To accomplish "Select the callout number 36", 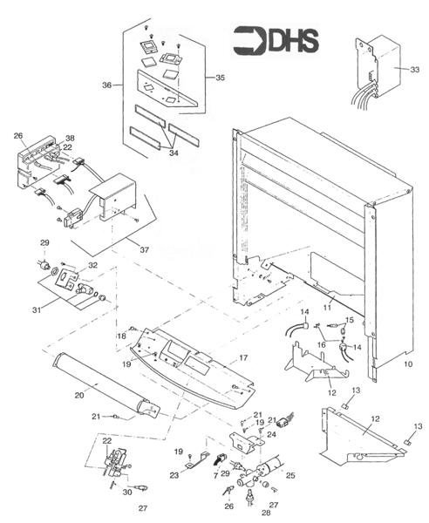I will tap(106, 85).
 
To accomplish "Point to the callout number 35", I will tap(220, 78).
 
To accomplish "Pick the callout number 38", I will tap(69, 138).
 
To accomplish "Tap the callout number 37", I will tap(144, 250).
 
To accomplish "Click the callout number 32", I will tap(92, 265).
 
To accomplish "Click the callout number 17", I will tap(244, 357).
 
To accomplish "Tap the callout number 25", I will tap(290, 476).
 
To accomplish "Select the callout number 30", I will tap(127, 492).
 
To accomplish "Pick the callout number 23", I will tap(174, 475).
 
